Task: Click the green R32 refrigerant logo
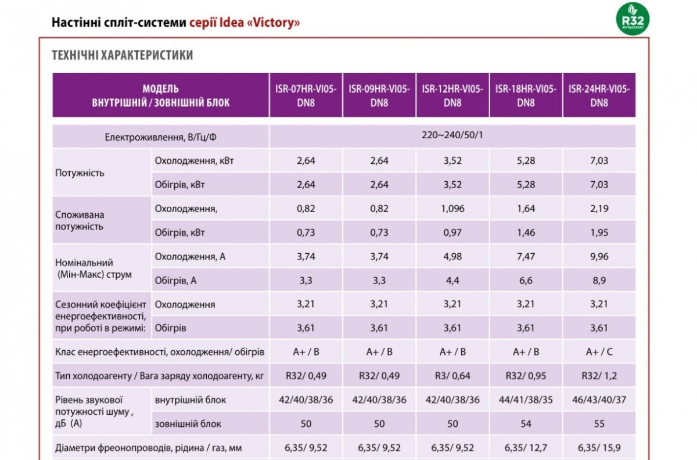coord(633,19)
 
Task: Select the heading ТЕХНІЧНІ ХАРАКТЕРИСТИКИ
coord(123,55)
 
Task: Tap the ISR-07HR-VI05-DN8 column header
coord(306,96)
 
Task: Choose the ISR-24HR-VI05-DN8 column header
coord(599,96)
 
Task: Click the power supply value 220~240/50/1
coord(452,135)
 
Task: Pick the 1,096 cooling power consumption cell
coord(452,209)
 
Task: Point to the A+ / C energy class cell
coord(599,352)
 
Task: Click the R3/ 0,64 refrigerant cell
coord(452,376)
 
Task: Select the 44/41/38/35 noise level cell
coord(526,400)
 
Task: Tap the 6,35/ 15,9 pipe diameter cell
coord(599,448)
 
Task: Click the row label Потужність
coord(80,172)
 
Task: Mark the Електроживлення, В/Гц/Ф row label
coord(160,137)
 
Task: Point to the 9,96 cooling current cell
coord(599,257)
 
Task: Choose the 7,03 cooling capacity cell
coord(599,161)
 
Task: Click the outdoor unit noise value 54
coord(526,423)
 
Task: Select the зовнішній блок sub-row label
coord(188,424)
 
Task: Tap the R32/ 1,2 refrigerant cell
coord(599,376)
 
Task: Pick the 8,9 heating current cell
coord(599,281)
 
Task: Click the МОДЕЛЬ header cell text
coord(160,89)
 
